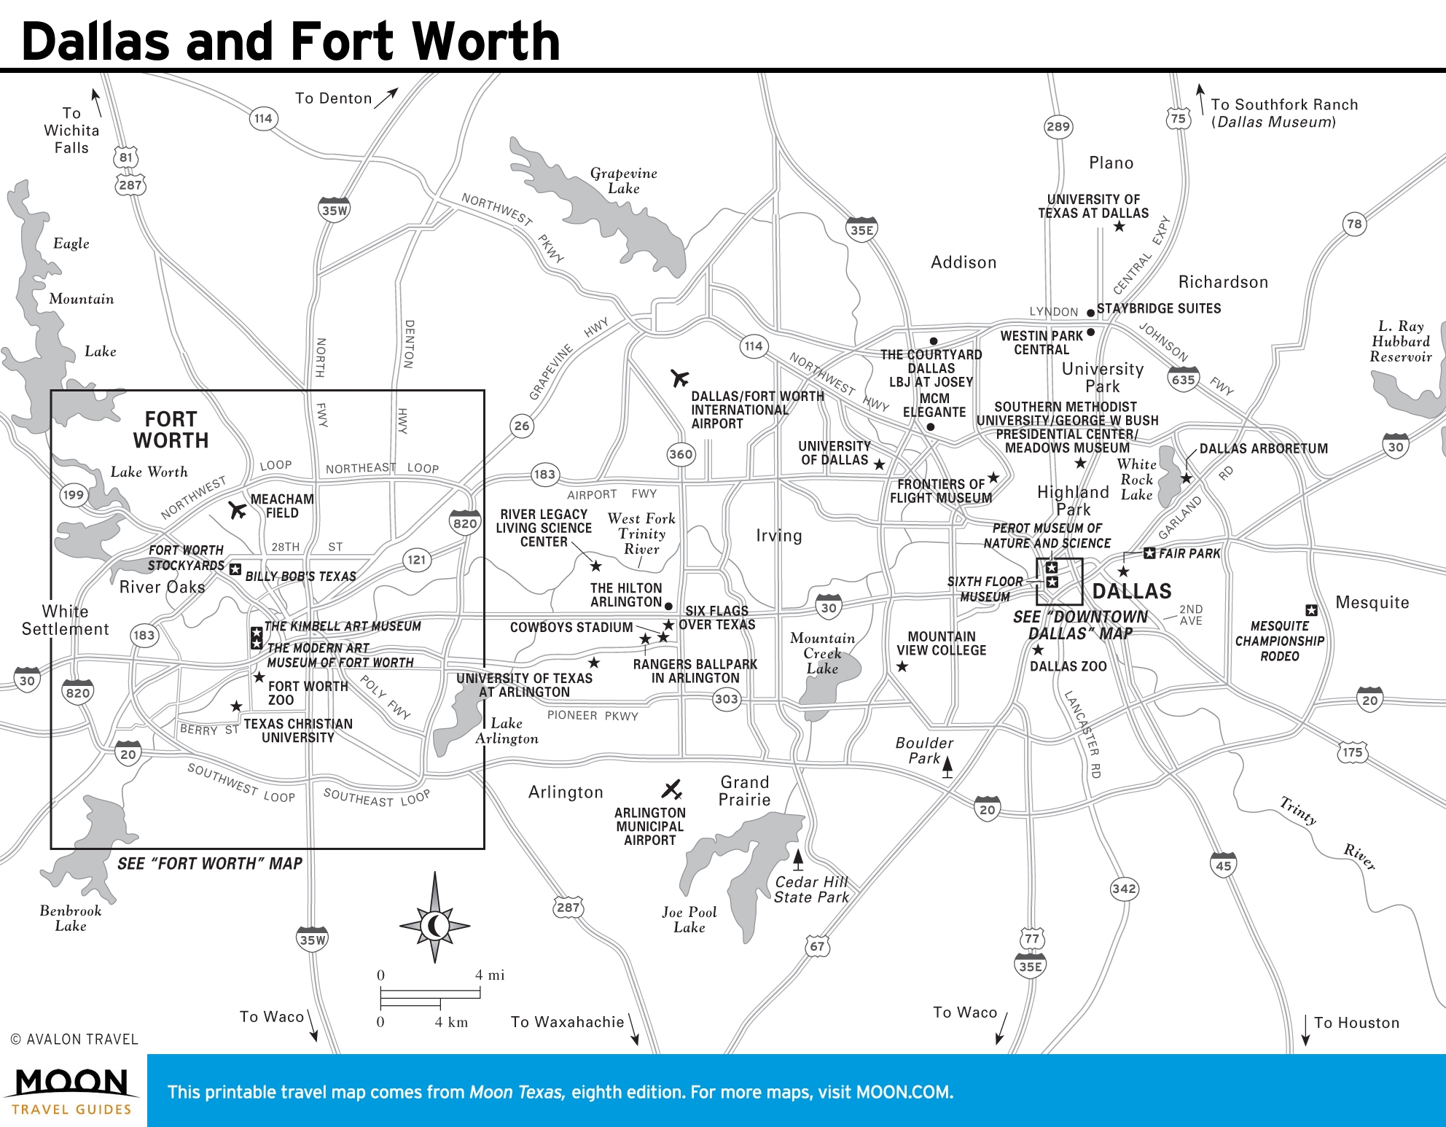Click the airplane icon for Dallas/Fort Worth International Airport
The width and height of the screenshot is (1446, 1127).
coord(679,378)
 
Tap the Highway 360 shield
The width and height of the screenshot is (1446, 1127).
coord(681,454)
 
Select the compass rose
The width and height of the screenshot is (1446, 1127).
coord(435,926)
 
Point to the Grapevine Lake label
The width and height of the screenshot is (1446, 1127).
coord(624,181)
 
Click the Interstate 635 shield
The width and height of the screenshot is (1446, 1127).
coord(1183,379)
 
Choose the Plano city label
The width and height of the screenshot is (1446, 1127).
coord(1111,163)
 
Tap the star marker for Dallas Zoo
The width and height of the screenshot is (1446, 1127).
coord(1039,650)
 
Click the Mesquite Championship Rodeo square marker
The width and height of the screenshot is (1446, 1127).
coord(1311,610)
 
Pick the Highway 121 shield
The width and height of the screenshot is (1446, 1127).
coord(416,560)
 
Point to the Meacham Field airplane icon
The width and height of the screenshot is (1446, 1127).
coord(237,510)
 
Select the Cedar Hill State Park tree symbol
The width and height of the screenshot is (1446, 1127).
coord(798,859)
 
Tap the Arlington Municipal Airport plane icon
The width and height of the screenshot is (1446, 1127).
coord(671,789)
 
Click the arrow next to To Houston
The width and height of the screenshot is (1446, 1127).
coord(1305,1029)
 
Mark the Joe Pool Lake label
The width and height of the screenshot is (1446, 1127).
coord(689,920)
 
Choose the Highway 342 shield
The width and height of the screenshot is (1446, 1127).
coord(1124,889)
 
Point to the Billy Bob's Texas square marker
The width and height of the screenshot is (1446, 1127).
coord(235,569)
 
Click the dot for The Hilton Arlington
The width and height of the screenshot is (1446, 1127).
coord(668,606)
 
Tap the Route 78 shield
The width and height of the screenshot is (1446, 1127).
coord(1354,225)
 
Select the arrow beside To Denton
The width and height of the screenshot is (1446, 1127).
coord(386,98)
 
